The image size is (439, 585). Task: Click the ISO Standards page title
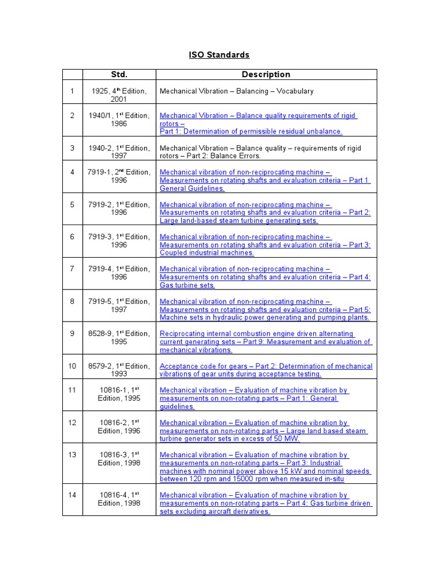219,55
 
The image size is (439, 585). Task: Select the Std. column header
119,74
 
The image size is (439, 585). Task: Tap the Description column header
266,74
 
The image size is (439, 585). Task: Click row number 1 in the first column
73,91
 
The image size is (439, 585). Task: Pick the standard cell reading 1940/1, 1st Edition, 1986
119,119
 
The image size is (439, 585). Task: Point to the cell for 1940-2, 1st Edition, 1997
119,152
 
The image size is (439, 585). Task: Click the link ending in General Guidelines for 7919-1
192,188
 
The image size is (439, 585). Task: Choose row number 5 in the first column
73,205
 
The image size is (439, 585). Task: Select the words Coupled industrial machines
207,253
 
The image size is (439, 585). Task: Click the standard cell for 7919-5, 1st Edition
119,305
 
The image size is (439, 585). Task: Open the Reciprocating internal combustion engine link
257,334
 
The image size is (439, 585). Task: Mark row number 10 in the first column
73,366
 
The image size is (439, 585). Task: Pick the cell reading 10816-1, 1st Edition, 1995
119,394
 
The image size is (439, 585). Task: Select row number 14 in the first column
73,495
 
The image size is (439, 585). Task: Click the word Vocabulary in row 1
294,91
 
